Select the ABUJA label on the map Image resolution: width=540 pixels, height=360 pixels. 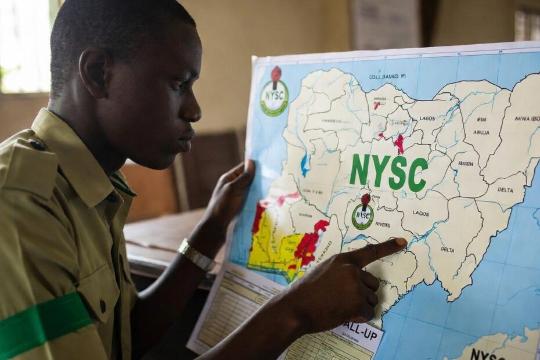481,132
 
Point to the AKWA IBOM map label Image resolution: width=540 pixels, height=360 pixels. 527,118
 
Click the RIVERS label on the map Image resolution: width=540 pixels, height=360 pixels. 383,224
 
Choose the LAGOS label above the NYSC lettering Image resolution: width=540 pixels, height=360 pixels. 427,118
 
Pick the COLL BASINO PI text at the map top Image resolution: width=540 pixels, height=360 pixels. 387,76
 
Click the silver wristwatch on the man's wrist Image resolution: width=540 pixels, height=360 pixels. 196,255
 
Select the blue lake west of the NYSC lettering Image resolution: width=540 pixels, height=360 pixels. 305,164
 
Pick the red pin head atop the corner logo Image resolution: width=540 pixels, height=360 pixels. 276,73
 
